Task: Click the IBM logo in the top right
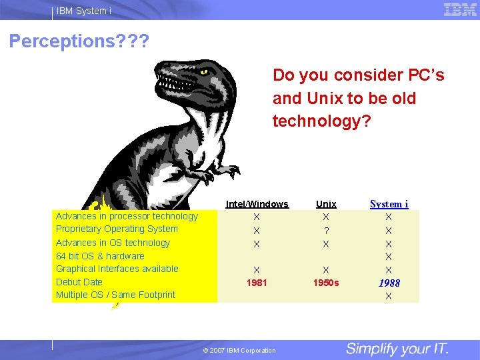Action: coord(460,9)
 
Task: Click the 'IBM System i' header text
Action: coord(84,11)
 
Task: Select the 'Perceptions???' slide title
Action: coord(79,41)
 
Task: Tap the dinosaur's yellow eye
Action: coord(203,71)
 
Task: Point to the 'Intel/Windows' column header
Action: coord(257,204)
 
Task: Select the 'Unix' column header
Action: coord(326,204)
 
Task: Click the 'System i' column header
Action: coord(389,204)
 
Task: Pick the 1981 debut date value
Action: coord(257,283)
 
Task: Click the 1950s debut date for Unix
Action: coord(326,283)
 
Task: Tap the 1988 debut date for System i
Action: coord(389,283)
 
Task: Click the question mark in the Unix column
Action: coord(326,231)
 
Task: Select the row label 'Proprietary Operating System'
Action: coord(117,229)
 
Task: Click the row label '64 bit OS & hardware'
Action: coord(100,256)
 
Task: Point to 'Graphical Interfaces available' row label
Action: coord(117,269)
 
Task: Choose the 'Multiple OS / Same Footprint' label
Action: coord(115,295)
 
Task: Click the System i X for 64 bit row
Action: coord(389,257)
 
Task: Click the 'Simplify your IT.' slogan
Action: coord(397,349)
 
